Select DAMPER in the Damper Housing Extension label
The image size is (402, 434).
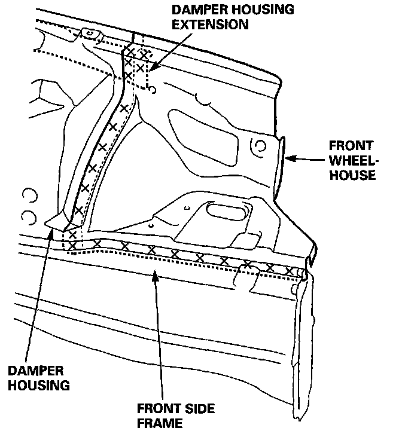click(197, 10)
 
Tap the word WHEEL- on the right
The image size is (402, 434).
click(352, 161)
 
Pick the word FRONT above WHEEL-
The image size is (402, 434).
click(351, 146)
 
